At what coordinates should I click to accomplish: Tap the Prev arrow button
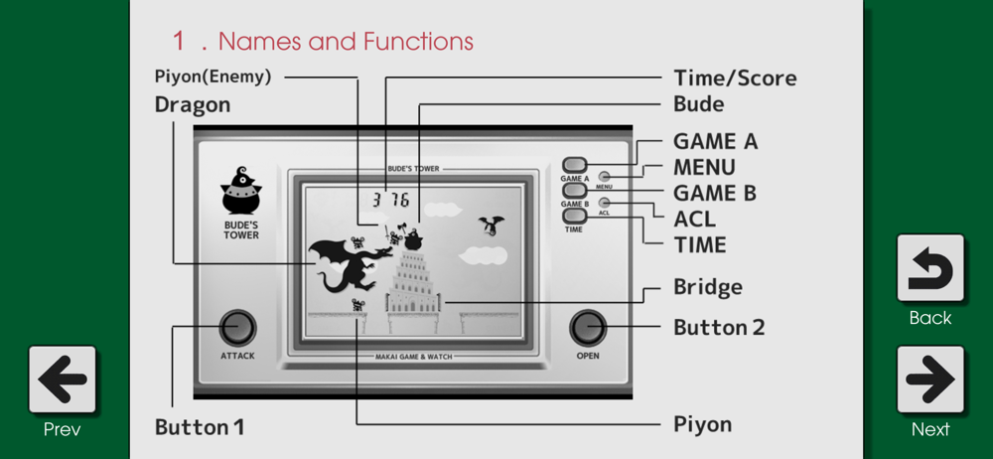(x=63, y=380)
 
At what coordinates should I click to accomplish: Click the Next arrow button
(x=930, y=380)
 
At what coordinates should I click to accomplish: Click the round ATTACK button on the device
(x=237, y=327)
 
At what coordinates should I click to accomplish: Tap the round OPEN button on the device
(x=588, y=327)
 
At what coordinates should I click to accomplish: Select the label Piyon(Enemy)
(x=213, y=76)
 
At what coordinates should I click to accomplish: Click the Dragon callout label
(x=192, y=104)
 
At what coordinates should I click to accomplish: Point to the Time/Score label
(x=734, y=77)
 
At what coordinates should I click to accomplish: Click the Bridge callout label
(x=707, y=288)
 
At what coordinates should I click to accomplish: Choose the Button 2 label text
(x=719, y=327)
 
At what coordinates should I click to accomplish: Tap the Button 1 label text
(x=200, y=427)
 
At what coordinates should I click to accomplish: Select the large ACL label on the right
(x=694, y=219)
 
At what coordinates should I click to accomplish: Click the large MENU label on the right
(x=704, y=167)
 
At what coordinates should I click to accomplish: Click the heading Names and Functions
(x=322, y=41)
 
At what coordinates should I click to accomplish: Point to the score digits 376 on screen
(x=390, y=200)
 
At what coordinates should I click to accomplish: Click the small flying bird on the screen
(x=491, y=226)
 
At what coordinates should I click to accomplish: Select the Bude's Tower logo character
(x=240, y=192)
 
